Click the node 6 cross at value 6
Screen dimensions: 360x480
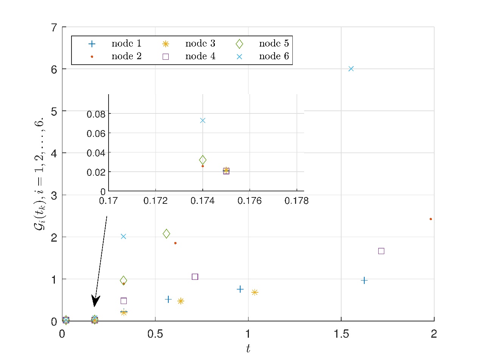pos(351,68)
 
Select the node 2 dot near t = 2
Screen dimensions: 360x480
pos(431,219)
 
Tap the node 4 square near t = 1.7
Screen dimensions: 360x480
pos(381,251)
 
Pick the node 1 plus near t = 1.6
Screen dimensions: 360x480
pos(364,280)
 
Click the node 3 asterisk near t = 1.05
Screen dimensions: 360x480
pos(255,292)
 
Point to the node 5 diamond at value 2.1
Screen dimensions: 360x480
pos(166,234)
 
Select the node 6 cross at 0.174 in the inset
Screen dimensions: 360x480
pos(203,120)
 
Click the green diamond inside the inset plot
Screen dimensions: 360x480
pos(203,160)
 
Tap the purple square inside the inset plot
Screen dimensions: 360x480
pos(226,171)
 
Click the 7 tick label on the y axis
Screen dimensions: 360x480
pos(54,27)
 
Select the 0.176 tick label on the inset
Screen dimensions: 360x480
pos(250,200)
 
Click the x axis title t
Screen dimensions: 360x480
pos(248,349)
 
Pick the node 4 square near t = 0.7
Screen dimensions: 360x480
pos(195,277)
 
